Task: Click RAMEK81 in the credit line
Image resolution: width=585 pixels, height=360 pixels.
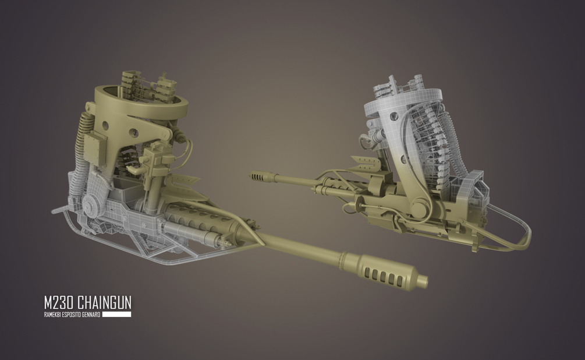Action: pos(52,315)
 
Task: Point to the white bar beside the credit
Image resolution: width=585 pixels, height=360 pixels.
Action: pos(117,315)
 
